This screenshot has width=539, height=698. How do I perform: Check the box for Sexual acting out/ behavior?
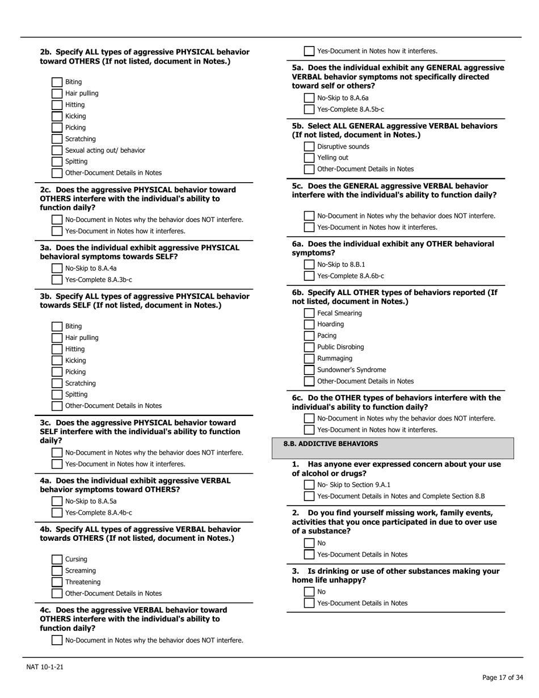coord(57,150)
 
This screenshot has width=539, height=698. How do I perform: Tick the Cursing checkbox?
coord(57,560)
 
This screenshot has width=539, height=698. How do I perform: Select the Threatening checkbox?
coord(57,582)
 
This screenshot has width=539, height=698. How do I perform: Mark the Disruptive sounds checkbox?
coord(309,147)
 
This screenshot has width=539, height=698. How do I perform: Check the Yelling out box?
coord(309,158)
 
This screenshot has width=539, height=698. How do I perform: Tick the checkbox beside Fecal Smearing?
coord(309,313)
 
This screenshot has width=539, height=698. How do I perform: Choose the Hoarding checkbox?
coord(309,325)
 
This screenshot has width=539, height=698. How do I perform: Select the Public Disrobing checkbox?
coord(309,347)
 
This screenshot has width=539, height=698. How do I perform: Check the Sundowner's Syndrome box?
coord(309,370)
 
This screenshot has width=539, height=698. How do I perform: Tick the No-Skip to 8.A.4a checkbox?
coord(57,268)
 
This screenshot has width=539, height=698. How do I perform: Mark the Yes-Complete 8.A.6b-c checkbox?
coord(309,276)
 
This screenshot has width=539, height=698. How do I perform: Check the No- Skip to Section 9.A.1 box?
coord(309,485)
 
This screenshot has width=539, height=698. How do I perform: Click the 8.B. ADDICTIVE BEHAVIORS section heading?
coord(330,444)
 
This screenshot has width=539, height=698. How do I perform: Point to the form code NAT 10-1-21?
coord(45,667)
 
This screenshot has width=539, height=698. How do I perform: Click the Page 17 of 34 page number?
coord(502,678)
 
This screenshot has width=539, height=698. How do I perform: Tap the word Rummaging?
coord(334,359)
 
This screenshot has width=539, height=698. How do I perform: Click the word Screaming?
coord(81,571)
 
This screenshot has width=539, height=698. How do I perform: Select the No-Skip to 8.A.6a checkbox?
coord(309,98)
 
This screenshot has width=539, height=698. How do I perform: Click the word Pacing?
coord(326,336)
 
